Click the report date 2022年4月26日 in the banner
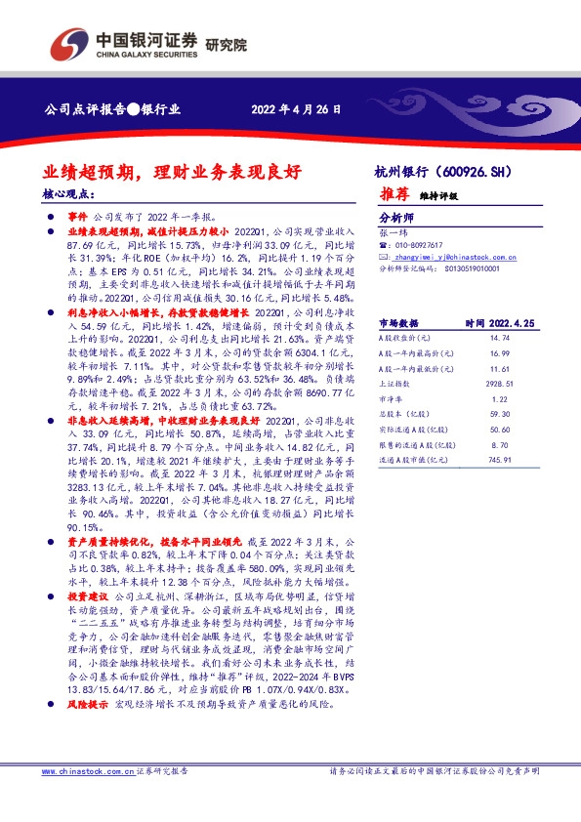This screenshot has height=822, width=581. [x=297, y=109]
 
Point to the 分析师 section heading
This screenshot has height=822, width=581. [x=396, y=219]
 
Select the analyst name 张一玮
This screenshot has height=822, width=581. [x=391, y=232]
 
